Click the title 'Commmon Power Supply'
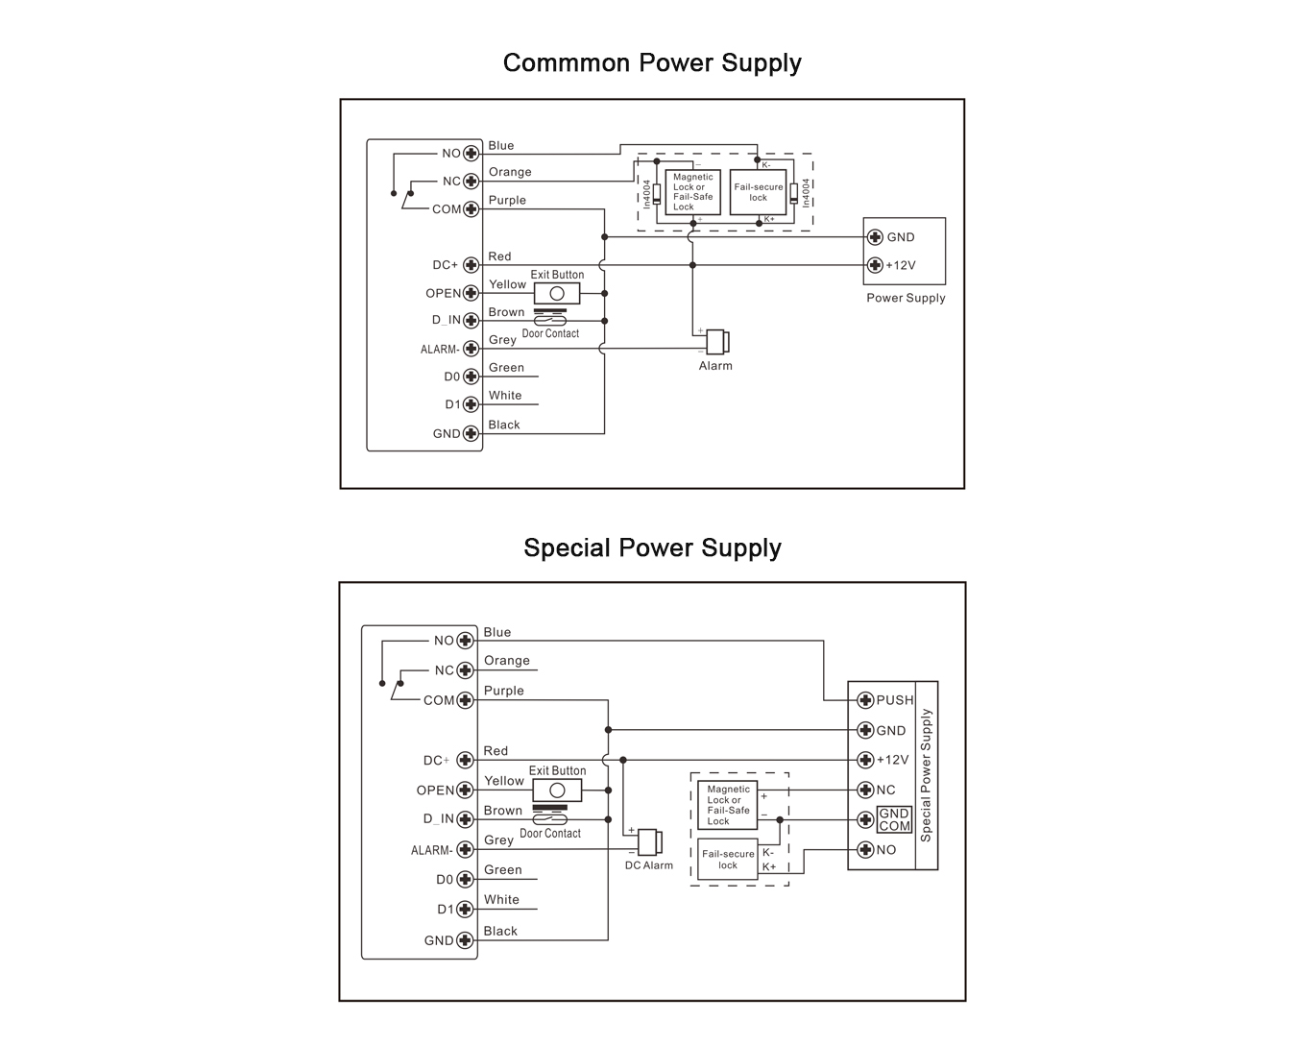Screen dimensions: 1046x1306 pyautogui.click(x=652, y=63)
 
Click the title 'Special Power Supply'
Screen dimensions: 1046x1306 pyautogui.click(x=652, y=548)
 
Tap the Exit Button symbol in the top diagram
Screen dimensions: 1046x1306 pyautogui.click(x=557, y=293)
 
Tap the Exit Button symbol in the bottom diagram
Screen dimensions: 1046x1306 pyautogui.click(x=557, y=791)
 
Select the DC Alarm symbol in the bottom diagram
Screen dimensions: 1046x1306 pyautogui.click(x=649, y=842)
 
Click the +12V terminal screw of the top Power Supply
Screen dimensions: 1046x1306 pyautogui.click(x=875, y=265)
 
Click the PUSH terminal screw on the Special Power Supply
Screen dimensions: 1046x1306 pyautogui.click(x=865, y=700)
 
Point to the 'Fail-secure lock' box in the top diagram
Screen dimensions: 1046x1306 pyautogui.click(x=759, y=192)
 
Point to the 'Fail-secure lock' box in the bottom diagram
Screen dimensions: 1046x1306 pyautogui.click(x=728, y=860)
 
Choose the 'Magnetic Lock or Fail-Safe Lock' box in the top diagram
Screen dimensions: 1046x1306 pyautogui.click(x=692, y=192)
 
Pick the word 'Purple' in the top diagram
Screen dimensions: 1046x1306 pyautogui.click(x=507, y=201)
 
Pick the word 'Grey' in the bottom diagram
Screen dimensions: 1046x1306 pyautogui.click(x=498, y=840)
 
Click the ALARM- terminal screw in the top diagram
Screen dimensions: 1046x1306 pyautogui.click(x=471, y=349)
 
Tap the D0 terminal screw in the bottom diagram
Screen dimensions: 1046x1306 pyautogui.click(x=466, y=880)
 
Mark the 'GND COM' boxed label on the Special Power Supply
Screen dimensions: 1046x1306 pyautogui.click(x=894, y=819)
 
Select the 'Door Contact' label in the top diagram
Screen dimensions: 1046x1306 pyautogui.click(x=550, y=333)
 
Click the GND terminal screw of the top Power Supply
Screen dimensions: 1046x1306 pyautogui.click(x=875, y=237)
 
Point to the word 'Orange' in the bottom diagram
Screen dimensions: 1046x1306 pyautogui.click(x=507, y=661)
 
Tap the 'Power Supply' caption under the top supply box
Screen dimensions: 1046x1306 pyautogui.click(x=906, y=298)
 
